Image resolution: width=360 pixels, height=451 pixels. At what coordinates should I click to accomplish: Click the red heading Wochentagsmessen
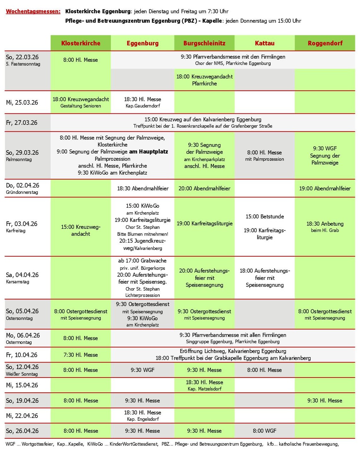tap(33, 11)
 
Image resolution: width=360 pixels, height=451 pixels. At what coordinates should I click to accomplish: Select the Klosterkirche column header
tap(81, 43)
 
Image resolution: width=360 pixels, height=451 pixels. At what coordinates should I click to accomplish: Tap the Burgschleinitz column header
tap(204, 43)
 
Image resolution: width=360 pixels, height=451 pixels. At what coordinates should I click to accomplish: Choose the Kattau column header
tap(265, 43)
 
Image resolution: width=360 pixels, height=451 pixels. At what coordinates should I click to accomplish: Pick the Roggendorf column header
tap(325, 43)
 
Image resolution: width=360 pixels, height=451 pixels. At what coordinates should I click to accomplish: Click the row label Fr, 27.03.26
tap(22, 123)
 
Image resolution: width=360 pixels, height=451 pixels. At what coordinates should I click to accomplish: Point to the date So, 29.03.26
tap(22, 153)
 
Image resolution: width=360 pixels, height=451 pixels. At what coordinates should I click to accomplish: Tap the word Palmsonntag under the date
tap(19, 159)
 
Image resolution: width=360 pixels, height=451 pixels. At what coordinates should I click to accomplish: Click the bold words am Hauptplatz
tap(148, 152)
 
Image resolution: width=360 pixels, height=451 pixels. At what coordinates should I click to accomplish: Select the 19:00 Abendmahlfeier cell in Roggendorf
tap(325, 188)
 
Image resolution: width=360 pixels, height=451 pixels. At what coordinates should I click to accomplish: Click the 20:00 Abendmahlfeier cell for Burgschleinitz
tap(204, 188)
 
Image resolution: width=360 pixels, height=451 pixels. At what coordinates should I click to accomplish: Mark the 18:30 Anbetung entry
tap(325, 224)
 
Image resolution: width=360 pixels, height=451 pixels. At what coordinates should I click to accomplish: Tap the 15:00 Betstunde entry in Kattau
tap(265, 217)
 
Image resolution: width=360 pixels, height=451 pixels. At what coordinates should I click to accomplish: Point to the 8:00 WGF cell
tap(265, 431)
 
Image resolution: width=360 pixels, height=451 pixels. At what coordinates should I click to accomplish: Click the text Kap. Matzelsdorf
tap(204, 389)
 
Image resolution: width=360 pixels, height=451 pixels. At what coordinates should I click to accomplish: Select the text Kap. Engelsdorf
tap(143, 419)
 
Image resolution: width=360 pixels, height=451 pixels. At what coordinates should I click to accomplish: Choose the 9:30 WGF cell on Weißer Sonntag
tap(142, 370)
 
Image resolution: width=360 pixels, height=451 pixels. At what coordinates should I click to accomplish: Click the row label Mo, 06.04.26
tap(23, 335)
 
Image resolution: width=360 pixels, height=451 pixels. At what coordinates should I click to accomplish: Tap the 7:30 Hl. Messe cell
tap(81, 355)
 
